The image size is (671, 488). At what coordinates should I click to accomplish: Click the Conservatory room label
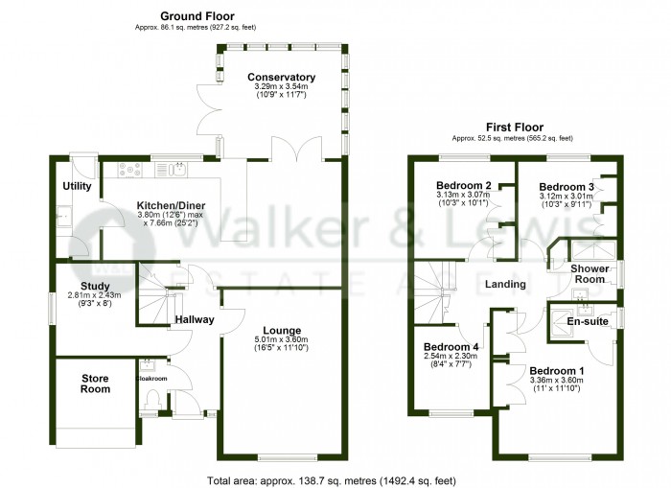point(281,78)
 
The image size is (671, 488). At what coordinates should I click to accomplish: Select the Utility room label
point(77,185)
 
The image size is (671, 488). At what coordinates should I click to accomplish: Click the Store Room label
point(96,383)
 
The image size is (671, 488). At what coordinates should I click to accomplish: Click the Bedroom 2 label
point(464,185)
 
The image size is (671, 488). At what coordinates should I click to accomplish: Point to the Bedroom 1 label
point(556,370)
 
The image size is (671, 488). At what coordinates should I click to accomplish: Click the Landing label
point(505,284)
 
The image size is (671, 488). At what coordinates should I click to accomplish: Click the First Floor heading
point(515,127)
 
